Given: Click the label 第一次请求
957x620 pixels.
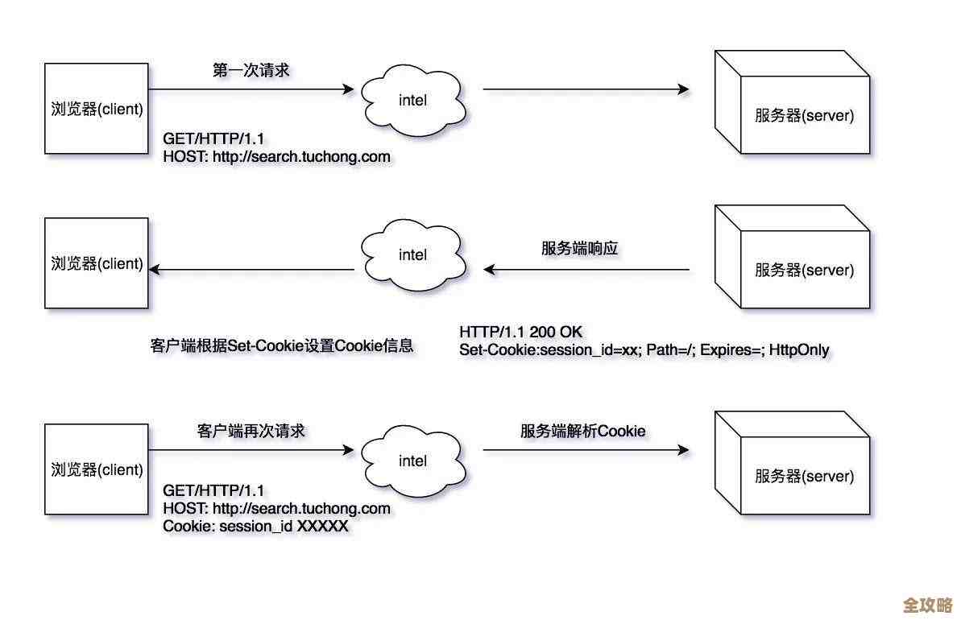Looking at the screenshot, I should (251, 70).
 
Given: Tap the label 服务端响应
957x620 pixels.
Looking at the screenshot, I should (579, 249).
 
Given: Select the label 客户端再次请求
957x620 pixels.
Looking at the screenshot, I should (251, 431).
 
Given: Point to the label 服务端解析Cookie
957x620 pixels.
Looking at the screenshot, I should (582, 431).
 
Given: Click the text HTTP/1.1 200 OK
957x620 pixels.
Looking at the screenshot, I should (520, 332).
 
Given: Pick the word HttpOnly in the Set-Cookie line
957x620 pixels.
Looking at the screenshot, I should (798, 350).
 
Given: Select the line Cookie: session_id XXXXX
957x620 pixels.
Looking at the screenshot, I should (255, 526).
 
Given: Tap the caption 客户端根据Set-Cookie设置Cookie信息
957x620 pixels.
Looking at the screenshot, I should (281, 346).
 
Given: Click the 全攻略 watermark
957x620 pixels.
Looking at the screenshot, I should (927, 604).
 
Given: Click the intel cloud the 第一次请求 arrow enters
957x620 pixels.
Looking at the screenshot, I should (412, 100).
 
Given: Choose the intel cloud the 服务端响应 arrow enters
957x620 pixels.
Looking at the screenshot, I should (412, 255).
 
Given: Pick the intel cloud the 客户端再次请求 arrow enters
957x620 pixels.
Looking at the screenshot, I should (412, 461).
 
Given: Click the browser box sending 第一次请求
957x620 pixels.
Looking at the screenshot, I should (96, 109).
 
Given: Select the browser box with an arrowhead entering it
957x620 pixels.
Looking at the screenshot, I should (96, 263).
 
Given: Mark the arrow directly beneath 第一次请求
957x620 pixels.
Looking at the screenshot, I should (251, 89).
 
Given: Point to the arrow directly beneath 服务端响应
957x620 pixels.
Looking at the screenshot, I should (586, 270).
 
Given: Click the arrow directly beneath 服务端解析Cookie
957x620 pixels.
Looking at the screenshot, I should (586, 450).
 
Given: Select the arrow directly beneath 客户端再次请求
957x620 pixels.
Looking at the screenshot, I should (251, 450).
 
